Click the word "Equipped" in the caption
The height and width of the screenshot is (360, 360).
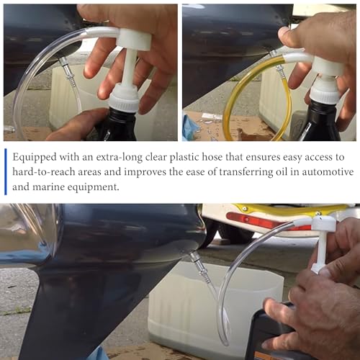35,158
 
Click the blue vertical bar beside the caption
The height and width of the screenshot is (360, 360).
6,171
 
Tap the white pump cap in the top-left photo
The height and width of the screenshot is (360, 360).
135,39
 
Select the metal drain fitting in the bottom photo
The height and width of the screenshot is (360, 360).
202,266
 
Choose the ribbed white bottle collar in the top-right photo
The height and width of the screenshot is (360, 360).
325,91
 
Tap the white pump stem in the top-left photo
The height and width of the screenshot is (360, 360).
130,68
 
